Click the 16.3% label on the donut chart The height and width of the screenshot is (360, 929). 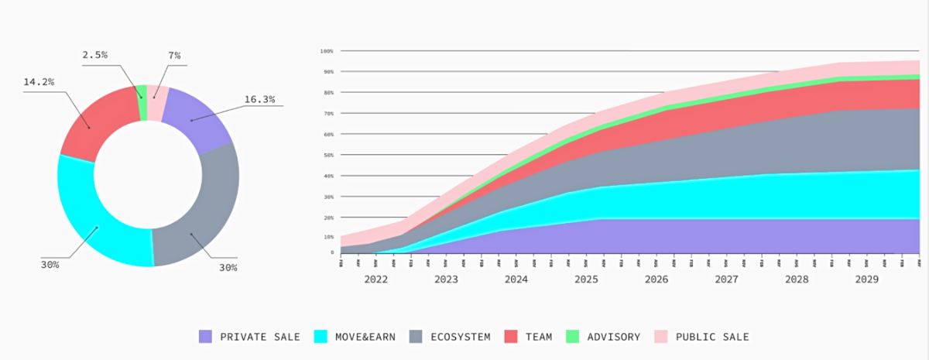point(259,100)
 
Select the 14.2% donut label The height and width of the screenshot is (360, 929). point(39,82)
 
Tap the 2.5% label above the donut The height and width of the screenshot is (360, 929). point(94,55)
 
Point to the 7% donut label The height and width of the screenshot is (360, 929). point(174,55)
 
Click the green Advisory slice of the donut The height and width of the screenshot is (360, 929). point(142,103)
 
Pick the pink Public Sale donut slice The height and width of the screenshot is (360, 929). point(156,103)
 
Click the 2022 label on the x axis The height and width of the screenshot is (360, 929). point(375,279)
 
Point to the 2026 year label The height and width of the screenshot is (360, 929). point(656,279)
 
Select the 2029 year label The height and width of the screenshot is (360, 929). point(866,279)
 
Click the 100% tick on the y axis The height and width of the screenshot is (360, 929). point(326,51)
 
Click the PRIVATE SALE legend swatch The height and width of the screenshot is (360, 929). point(205,337)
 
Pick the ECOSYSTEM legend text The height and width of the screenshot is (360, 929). point(461,337)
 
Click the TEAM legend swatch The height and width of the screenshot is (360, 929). point(510,337)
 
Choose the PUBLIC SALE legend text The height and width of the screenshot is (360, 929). point(712,337)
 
